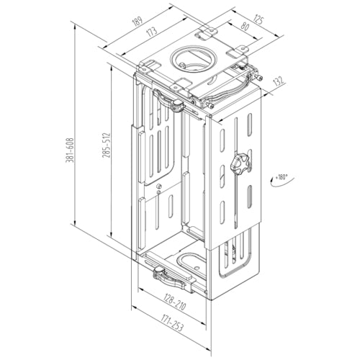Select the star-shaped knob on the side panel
tap(240, 166)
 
